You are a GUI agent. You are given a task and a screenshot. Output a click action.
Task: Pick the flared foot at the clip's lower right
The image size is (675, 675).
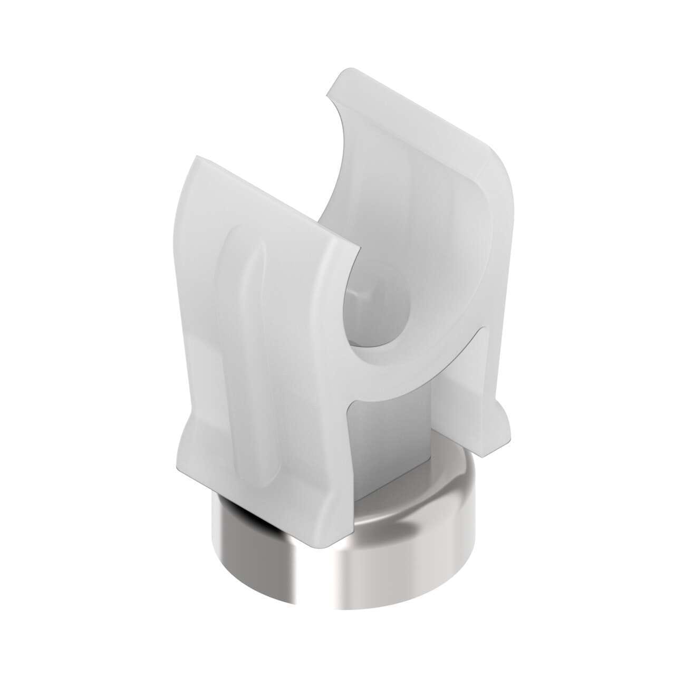pos(498,417)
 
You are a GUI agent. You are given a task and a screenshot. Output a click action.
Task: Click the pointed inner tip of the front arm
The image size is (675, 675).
pos(359,248)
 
